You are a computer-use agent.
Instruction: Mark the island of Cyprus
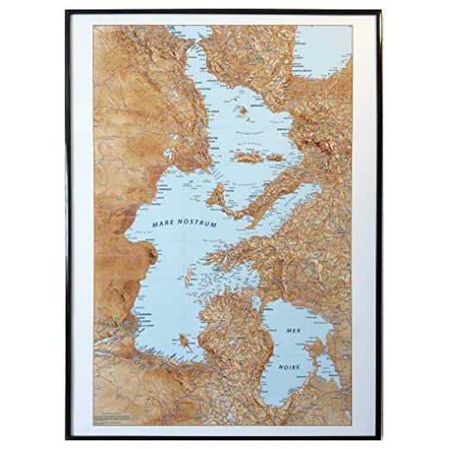(184, 340)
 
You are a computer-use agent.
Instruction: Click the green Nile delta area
(127, 327)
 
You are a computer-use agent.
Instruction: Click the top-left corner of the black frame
(66, 12)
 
